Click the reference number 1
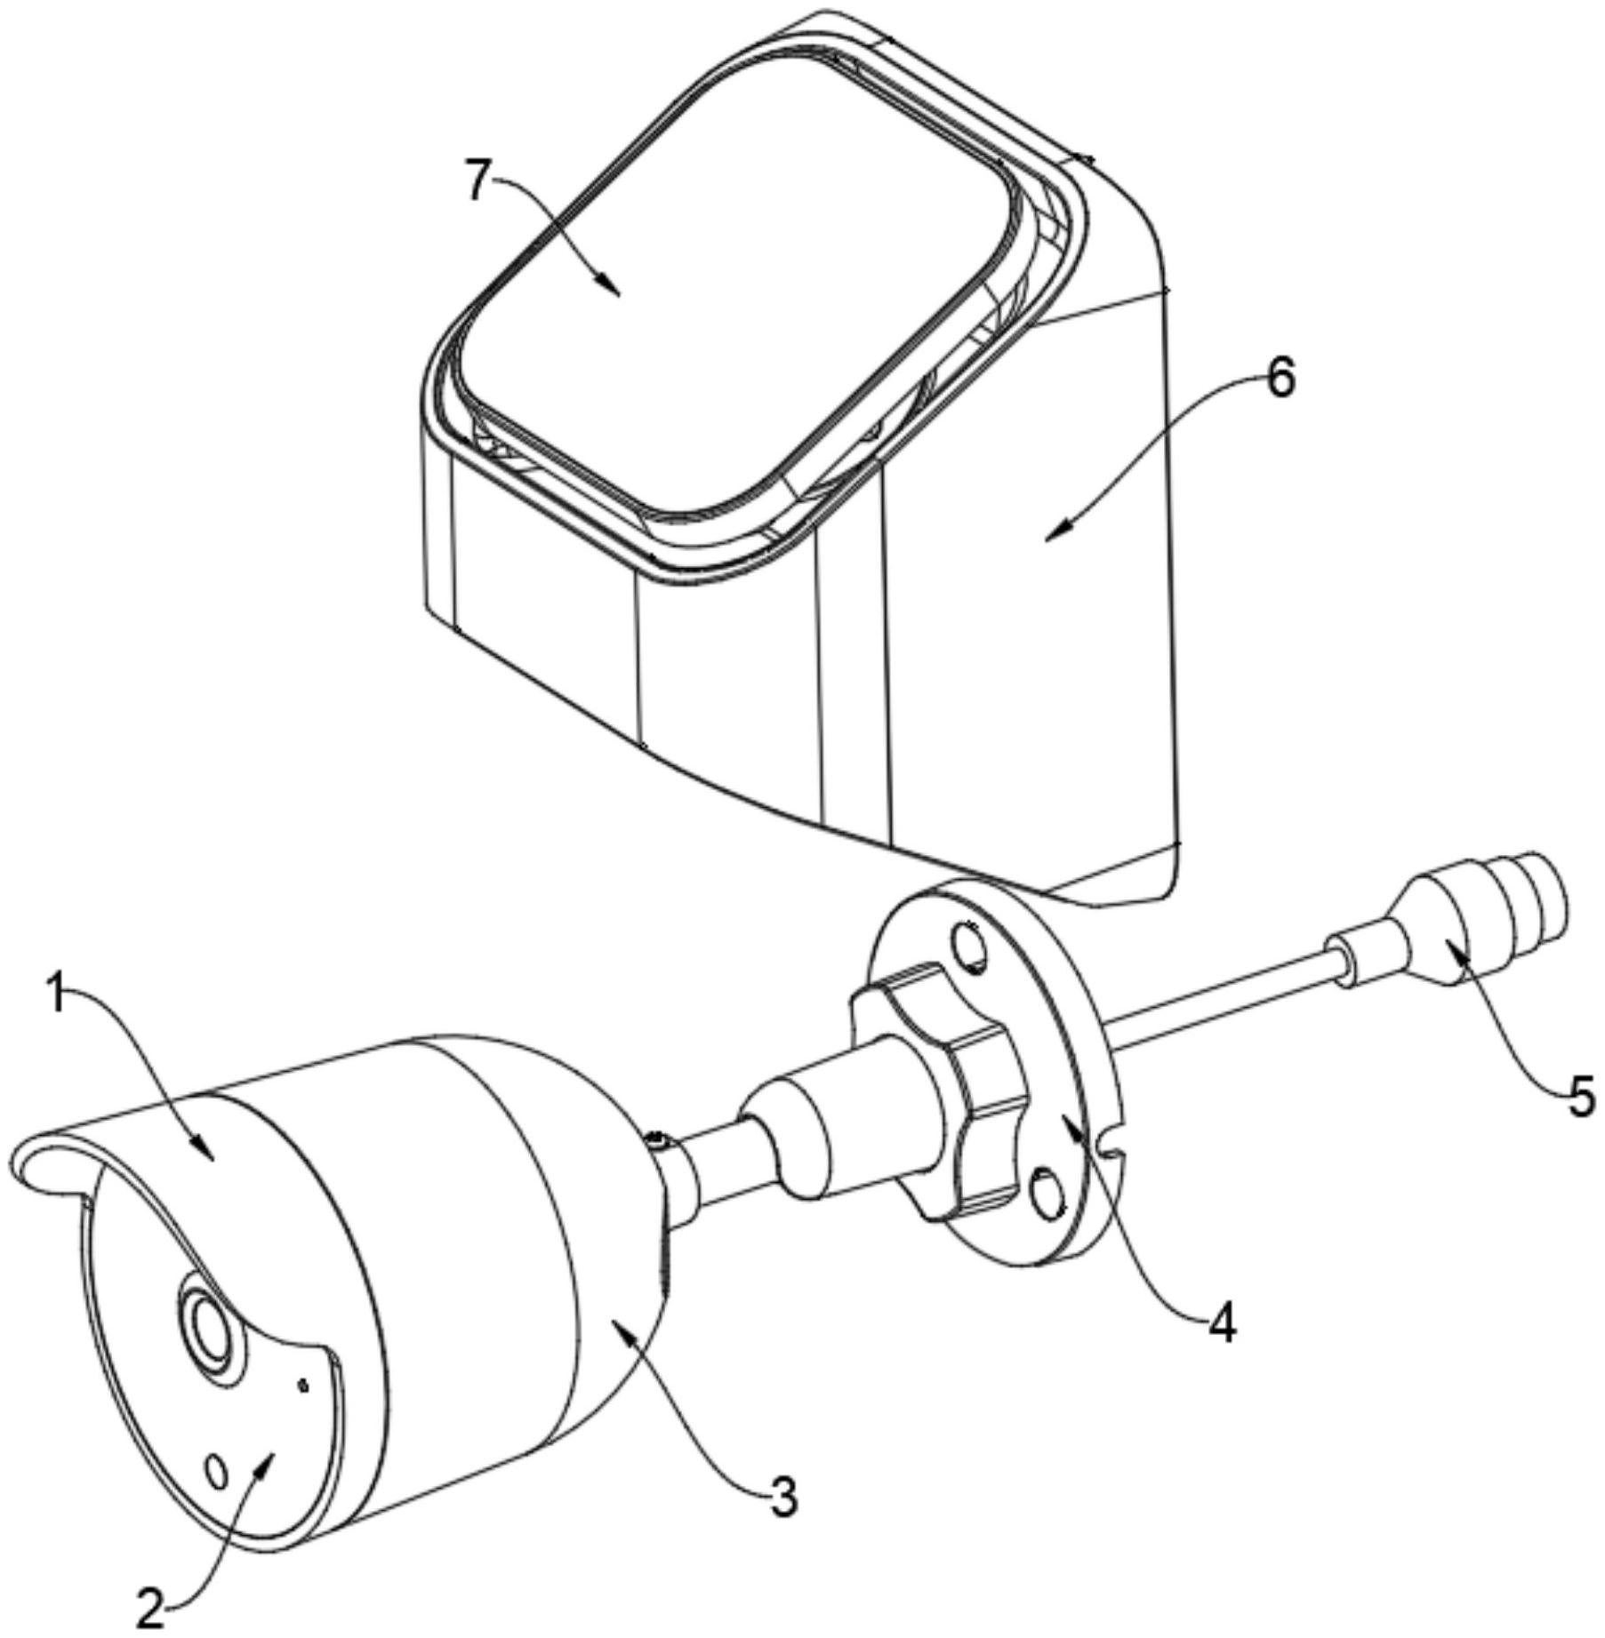pos(57,996)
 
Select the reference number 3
pos(782,1496)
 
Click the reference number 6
pos(1280,379)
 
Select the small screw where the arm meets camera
pos(656,1138)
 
